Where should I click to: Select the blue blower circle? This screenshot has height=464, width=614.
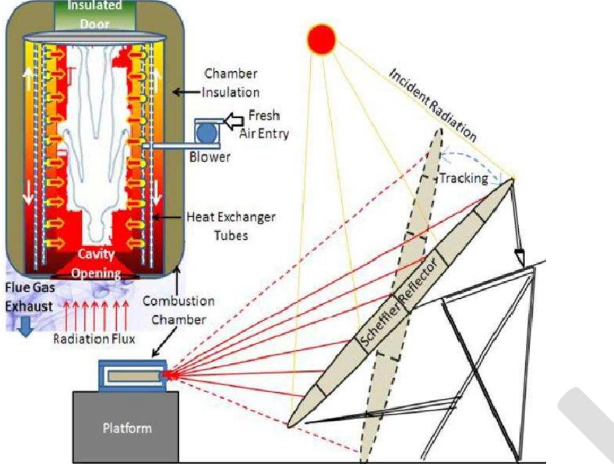[x=206, y=132]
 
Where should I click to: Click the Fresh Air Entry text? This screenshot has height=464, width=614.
[x=265, y=124]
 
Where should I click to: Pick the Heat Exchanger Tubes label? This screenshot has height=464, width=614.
[x=230, y=226]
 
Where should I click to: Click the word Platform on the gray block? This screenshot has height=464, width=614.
[x=127, y=428]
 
